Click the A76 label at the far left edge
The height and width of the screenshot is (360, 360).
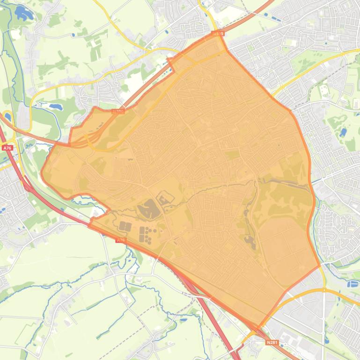(x=7, y=148)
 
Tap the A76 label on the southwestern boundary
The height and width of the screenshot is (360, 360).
(x=121, y=240)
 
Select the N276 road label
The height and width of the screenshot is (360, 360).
(x=118, y=112)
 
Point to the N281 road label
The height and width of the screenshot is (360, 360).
(x=272, y=342)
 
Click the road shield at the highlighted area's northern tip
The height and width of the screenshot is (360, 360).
(x=218, y=34)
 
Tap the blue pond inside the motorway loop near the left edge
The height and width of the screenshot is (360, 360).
(x=7, y=116)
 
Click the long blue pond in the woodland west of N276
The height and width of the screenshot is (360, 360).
(x=55, y=107)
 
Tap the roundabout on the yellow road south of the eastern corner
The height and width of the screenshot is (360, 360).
(x=323, y=290)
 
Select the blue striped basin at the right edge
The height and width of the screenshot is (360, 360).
(x=353, y=283)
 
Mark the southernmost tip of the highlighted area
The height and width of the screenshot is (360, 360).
(x=257, y=327)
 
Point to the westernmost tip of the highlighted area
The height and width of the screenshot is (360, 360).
(x=42, y=172)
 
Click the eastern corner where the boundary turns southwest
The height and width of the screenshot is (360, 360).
(x=320, y=267)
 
